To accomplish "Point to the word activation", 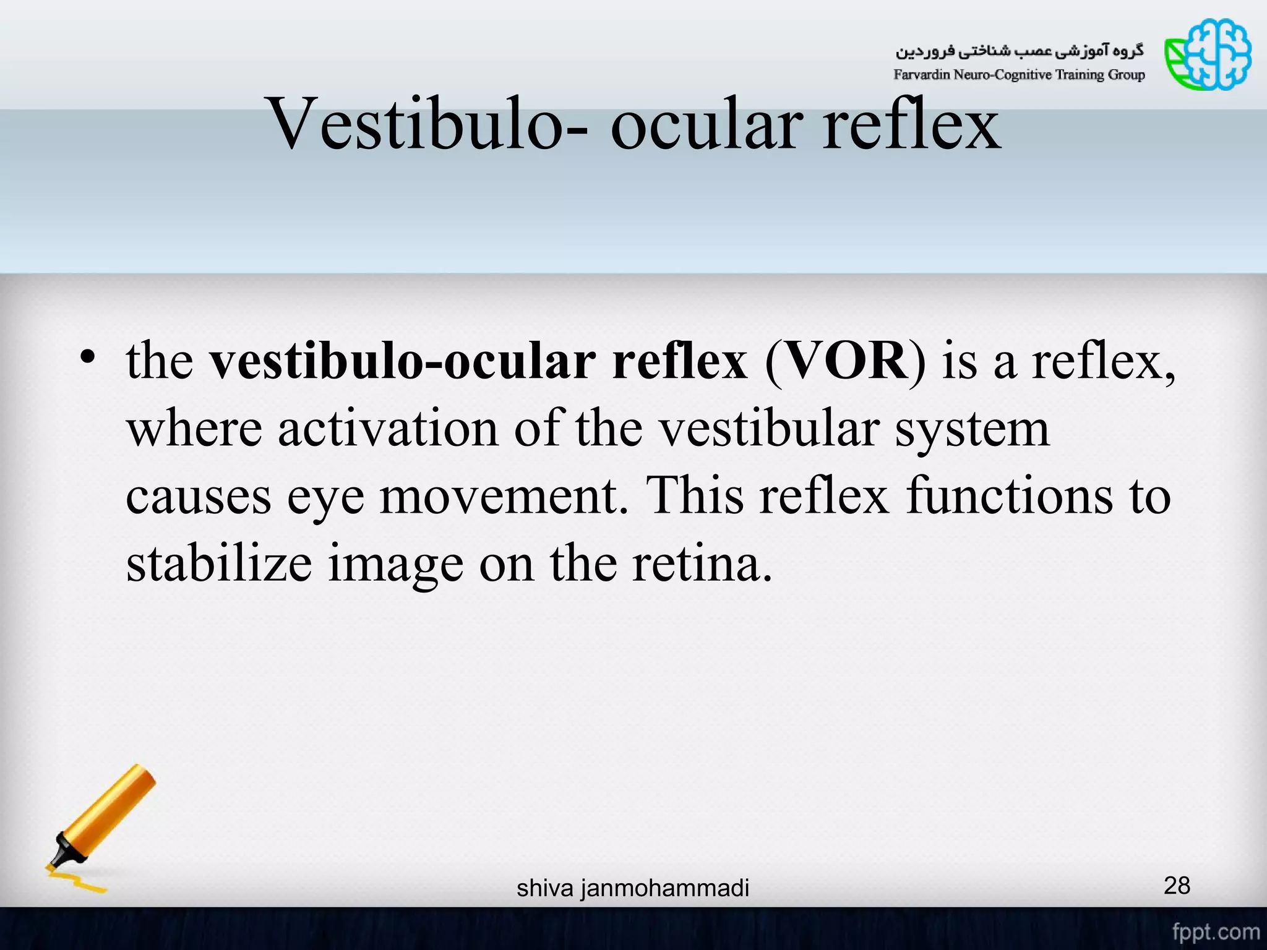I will point(388,428).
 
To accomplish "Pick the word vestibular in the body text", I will point(767,428).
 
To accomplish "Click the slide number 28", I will point(1177,886).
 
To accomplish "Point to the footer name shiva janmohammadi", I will point(633,888).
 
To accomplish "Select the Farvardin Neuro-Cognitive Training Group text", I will point(1019,75).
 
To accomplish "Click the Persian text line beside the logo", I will point(1020,51).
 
